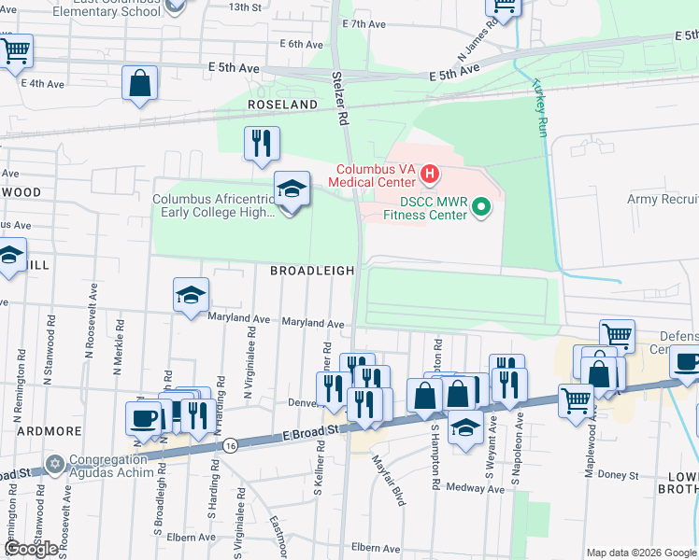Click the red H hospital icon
(430, 173)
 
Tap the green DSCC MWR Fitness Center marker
(481, 206)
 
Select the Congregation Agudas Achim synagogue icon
(54, 464)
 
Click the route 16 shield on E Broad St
(229, 448)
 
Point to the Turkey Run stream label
(539, 108)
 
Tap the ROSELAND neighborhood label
(283, 105)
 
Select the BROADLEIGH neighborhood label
(312, 271)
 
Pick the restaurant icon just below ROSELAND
(261, 143)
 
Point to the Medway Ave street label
(462, 487)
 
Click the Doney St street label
(619, 476)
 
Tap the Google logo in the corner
(31, 549)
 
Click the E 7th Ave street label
(364, 24)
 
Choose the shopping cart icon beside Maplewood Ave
(577, 400)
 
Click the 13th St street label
(245, 7)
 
